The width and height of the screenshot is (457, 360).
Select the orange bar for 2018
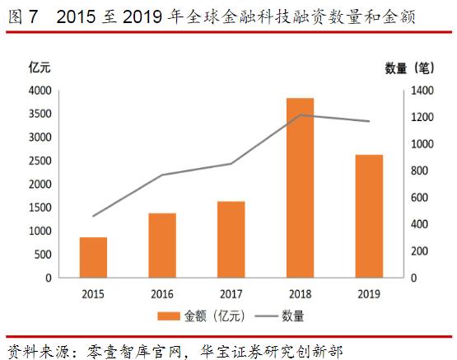pyautogui.click(x=300, y=187)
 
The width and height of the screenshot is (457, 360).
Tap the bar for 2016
pyautogui.click(x=162, y=245)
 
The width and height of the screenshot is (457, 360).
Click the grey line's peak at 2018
pyautogui.click(x=300, y=115)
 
